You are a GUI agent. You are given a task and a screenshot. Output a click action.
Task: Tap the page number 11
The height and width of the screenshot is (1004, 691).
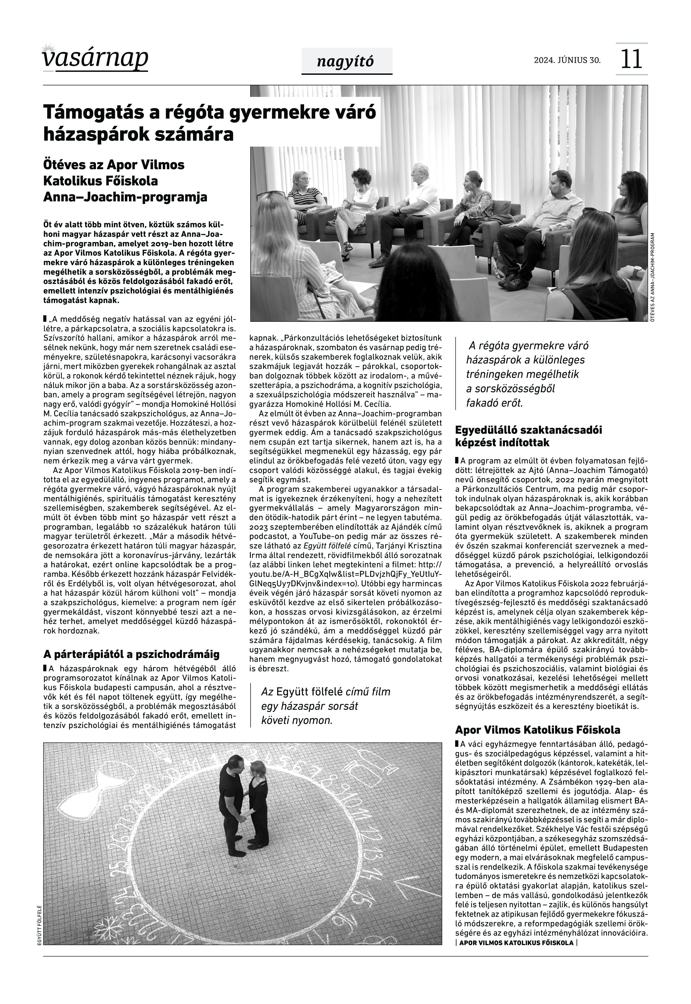(631, 59)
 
